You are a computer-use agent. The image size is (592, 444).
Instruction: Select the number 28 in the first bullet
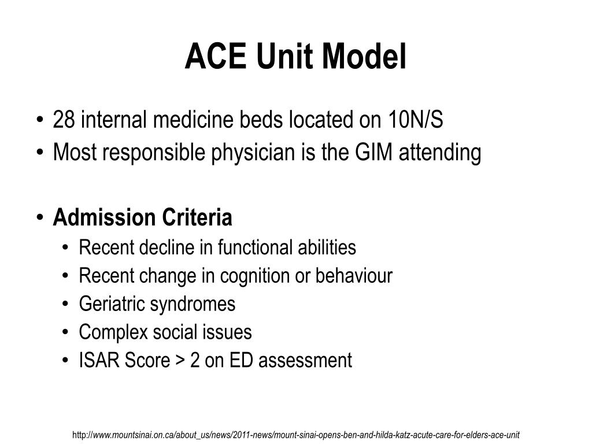64,120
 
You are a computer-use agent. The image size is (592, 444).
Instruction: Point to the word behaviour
354,276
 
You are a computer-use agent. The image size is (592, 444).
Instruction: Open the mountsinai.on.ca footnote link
297,434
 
